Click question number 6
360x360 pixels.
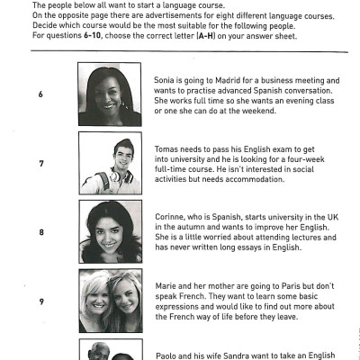coord(40,94)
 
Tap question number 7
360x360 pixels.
coord(40,163)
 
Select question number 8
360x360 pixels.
coord(40,231)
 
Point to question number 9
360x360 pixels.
coord(40,301)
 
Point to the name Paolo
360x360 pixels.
coord(166,355)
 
